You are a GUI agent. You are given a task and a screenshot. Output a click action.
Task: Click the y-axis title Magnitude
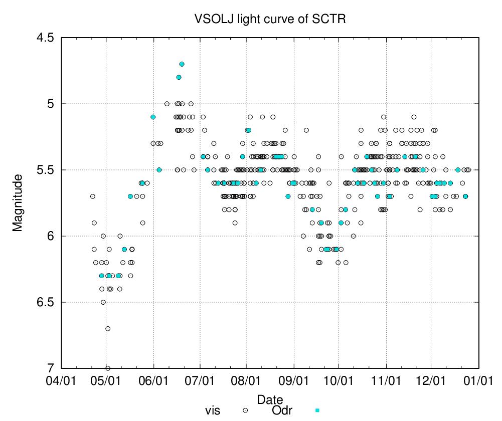[x=18, y=202]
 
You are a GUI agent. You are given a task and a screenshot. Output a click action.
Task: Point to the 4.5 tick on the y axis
[x=45, y=38]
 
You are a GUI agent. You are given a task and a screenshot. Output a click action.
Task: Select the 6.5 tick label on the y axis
[x=45, y=302]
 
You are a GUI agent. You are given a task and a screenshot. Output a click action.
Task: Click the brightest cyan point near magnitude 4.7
[x=182, y=64]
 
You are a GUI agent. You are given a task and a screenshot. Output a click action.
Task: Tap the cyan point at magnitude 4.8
[x=179, y=77]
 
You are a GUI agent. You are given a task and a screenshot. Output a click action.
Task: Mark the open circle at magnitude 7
[x=108, y=368]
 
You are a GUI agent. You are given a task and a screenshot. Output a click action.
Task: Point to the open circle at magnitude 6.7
[x=108, y=329]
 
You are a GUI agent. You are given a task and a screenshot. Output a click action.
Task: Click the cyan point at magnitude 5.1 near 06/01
[x=153, y=117]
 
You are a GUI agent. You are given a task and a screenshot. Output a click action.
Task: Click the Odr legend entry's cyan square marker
[x=317, y=410]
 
